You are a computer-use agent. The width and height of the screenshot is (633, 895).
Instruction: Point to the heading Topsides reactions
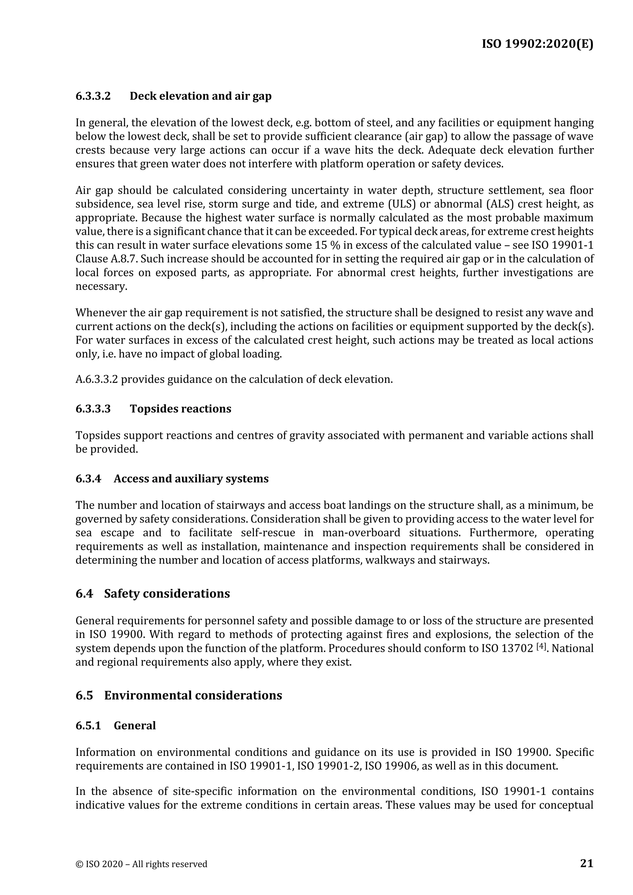(x=181, y=409)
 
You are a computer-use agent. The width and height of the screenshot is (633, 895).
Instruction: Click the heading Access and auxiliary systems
(x=191, y=478)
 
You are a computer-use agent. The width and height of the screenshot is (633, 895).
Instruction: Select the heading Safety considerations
(x=167, y=593)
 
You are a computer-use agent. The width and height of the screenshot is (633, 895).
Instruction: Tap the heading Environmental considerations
(x=193, y=695)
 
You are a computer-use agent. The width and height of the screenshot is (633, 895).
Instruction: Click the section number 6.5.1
(x=88, y=725)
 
